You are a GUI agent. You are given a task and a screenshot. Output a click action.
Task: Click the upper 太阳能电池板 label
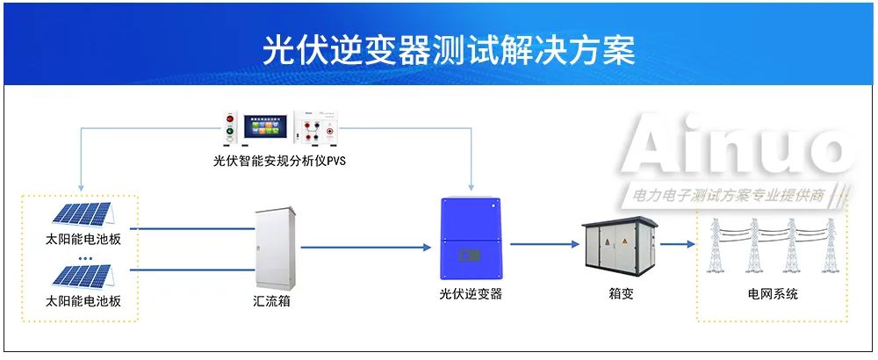pos(83,239)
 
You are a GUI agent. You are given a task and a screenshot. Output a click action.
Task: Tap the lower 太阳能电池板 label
pos(83,301)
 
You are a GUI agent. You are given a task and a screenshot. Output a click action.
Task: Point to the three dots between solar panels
pos(85,258)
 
